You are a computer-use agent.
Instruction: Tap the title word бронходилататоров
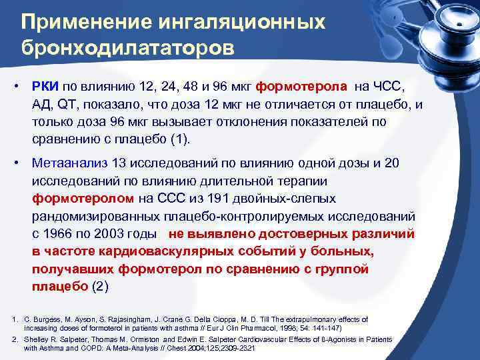tap(127, 49)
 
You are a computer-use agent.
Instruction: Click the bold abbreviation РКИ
tap(45, 87)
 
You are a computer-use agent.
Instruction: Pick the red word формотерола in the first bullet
tap(302, 87)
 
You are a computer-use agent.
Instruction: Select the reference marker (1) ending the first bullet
tap(181, 139)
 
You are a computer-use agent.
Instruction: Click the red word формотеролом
tap(83, 199)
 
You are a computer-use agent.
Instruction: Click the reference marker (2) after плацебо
tap(97, 286)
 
